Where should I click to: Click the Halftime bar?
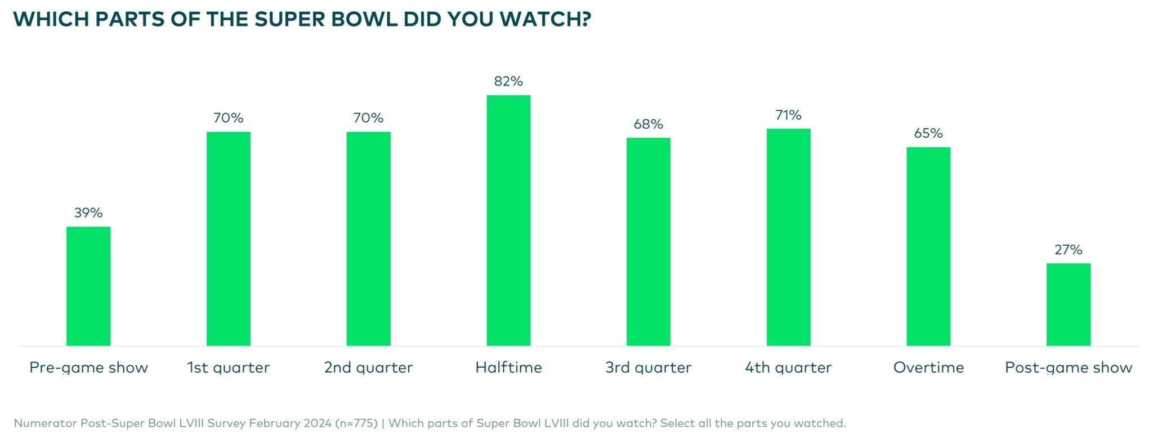508,220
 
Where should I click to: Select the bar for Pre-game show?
88,286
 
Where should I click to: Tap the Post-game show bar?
1068,304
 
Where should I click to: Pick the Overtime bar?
928,246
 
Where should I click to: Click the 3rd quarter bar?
648,242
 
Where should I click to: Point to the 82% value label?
508,82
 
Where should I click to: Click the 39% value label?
88,213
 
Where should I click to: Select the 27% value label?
1068,250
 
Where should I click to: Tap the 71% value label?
788,115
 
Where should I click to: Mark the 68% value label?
648,124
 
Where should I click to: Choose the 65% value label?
928,133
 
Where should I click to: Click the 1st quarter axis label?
229,368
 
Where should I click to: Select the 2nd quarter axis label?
368,368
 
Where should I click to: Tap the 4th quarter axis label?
788,368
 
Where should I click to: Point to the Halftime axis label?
508,368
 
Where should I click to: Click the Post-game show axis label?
1068,368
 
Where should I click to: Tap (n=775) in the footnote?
356,423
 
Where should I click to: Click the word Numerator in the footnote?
45,423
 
